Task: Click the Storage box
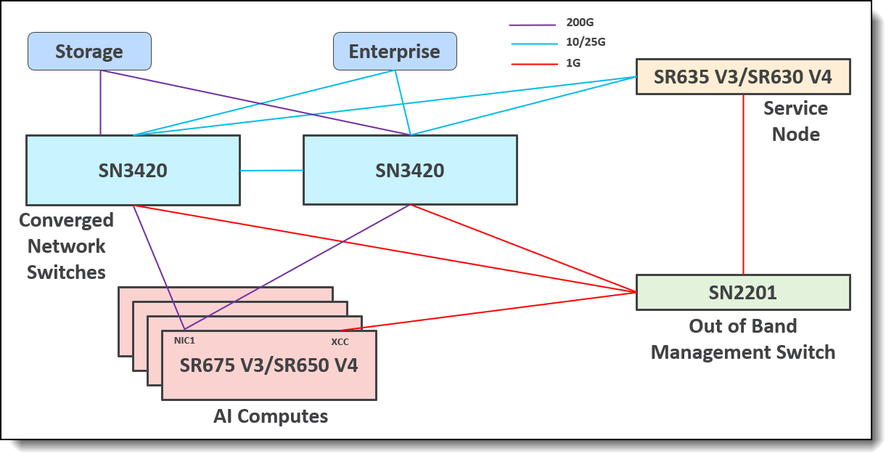[89, 52]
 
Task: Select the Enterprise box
[395, 52]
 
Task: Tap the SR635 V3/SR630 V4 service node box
[742, 76]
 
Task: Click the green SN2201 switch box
[742, 292]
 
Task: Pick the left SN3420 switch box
[133, 170]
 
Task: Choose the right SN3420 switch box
[410, 170]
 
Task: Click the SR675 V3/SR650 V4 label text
[268, 365]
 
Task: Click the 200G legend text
[580, 23]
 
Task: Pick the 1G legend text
[574, 63]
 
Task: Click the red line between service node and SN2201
[743, 185]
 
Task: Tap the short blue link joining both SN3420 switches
[271, 171]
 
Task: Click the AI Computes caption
[271, 416]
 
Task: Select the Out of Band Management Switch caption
[743, 339]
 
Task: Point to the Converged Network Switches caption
[66, 246]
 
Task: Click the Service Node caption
[795, 121]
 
